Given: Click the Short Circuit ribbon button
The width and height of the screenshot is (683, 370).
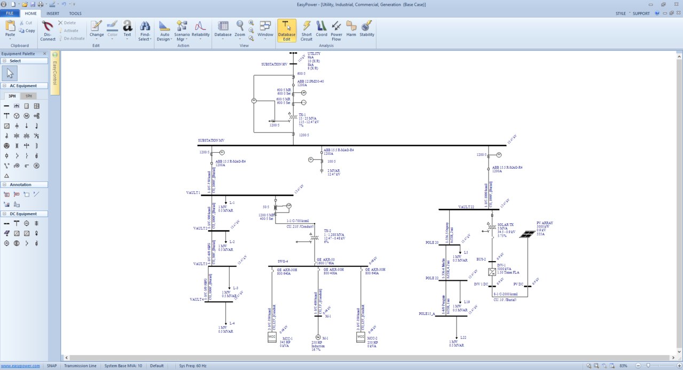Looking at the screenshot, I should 306,30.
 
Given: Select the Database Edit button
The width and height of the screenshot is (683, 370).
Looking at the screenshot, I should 287,30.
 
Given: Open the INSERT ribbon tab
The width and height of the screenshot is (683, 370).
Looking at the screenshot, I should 53,13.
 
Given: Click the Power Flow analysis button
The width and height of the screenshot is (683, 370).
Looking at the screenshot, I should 336,30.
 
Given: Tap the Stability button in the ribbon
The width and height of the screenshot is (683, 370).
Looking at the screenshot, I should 367,30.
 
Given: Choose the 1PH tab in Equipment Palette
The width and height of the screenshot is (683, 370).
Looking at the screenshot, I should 29,96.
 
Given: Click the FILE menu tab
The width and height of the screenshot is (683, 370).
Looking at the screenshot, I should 10,13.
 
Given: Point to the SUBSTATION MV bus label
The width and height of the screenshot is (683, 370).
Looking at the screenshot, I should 211,140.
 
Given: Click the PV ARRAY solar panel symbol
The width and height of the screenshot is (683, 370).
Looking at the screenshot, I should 527,234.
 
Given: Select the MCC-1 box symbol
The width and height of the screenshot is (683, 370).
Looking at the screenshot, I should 272,337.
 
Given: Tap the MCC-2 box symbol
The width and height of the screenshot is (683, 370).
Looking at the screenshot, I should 360,337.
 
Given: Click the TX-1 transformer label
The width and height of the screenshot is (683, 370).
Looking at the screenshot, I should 302,115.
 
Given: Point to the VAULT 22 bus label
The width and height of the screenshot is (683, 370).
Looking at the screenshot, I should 466,207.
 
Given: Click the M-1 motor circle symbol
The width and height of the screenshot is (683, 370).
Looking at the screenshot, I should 318,337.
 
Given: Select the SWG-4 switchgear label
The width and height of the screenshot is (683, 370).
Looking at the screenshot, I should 282,262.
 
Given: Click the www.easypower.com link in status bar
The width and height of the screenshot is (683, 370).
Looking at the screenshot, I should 20,366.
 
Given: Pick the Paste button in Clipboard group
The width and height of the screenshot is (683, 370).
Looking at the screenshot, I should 10,29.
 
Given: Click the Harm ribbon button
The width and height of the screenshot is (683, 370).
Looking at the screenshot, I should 351,30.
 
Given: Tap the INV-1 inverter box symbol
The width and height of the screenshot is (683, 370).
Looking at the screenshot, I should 492,272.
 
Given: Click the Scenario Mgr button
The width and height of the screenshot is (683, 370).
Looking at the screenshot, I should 182,31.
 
